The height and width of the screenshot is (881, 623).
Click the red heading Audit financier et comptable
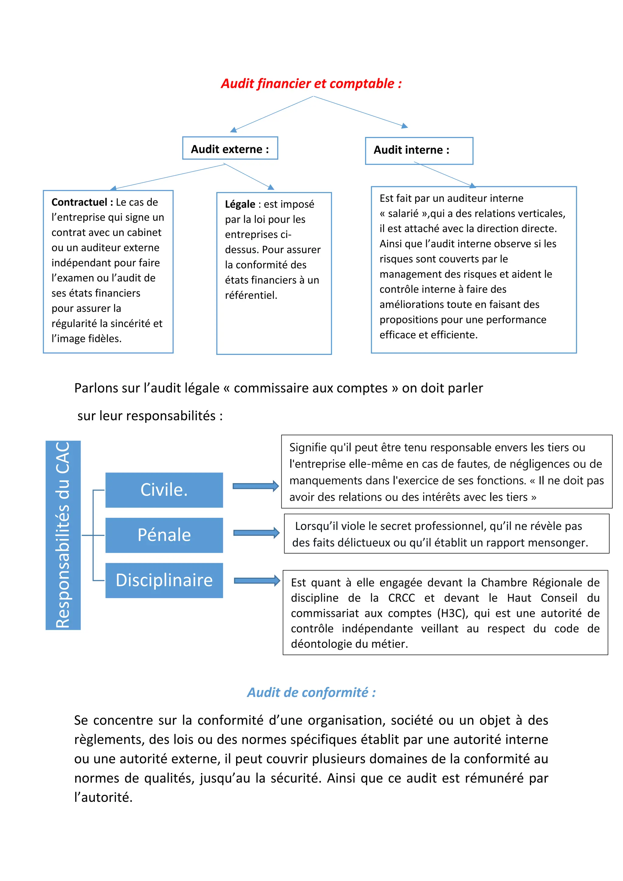311,84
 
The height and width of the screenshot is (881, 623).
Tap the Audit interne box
419,150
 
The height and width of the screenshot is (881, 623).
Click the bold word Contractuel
79,202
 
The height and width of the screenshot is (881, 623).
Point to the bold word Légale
240,204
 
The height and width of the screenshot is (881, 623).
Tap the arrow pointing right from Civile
256,486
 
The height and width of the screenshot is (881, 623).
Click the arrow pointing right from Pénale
256,533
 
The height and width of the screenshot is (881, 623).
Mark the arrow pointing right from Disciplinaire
257,580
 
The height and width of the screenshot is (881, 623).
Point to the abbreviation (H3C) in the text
452,613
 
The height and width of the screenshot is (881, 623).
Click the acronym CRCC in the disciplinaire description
401,598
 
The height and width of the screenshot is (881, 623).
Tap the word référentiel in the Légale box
251,295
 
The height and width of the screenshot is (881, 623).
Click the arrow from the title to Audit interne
360,112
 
